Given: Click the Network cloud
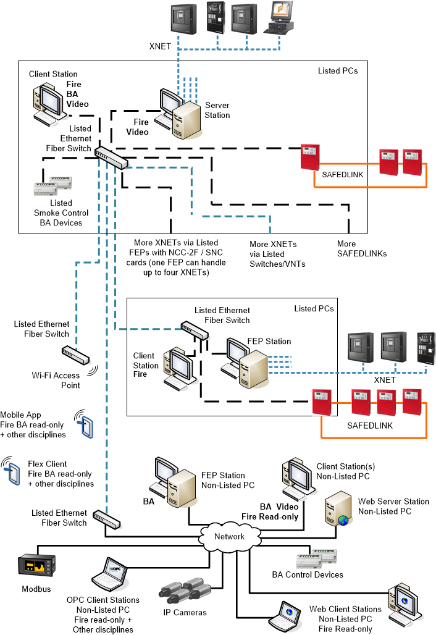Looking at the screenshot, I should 228,536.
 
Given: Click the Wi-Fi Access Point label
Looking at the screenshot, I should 56,380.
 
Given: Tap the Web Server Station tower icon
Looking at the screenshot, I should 338,510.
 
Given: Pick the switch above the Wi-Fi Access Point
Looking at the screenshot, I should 75,355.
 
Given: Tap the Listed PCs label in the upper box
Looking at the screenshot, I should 337,70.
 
